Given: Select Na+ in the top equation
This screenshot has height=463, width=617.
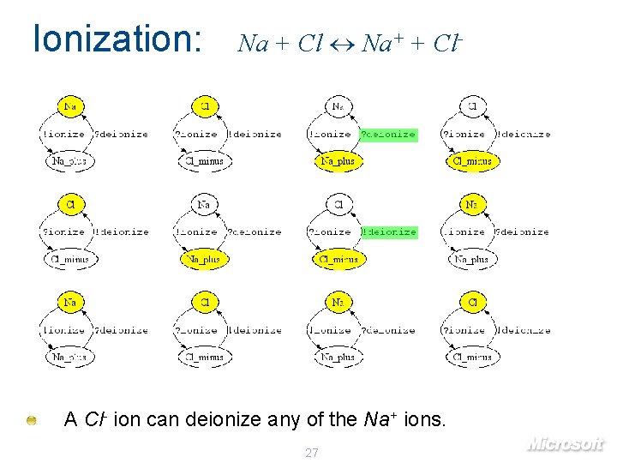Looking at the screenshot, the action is point(380,42).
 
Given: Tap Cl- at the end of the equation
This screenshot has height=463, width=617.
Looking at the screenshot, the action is point(448,42).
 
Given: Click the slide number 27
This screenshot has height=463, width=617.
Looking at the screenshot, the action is point(312,452).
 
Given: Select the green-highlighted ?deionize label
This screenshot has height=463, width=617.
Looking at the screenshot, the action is point(388,135).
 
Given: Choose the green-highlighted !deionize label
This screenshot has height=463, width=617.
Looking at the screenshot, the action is point(389,232).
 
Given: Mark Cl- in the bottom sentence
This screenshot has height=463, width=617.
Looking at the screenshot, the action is point(96,420).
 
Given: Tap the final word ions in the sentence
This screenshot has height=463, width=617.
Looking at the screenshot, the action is point(423,420).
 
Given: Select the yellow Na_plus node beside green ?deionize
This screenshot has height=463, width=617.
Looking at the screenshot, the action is point(338,161).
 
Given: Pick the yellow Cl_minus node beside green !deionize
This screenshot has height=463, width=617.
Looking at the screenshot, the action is point(338,259).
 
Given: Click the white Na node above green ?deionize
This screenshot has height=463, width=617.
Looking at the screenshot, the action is point(338,106).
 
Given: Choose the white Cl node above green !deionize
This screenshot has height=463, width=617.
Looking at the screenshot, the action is point(338,205).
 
